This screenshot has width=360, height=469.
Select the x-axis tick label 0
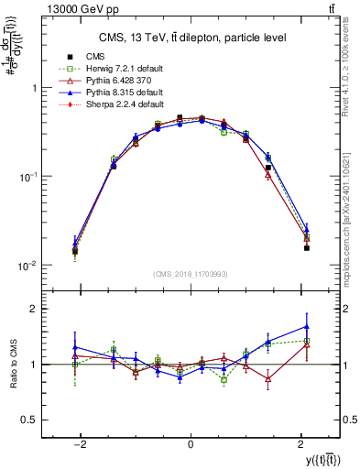click(x=190, y=444)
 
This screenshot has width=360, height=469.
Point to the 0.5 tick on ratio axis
click(x=31, y=420)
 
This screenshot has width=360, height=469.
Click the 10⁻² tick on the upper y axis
click(x=28, y=266)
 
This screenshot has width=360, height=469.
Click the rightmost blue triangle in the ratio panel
click(x=307, y=326)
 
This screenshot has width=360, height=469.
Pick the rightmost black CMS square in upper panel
click(x=307, y=247)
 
